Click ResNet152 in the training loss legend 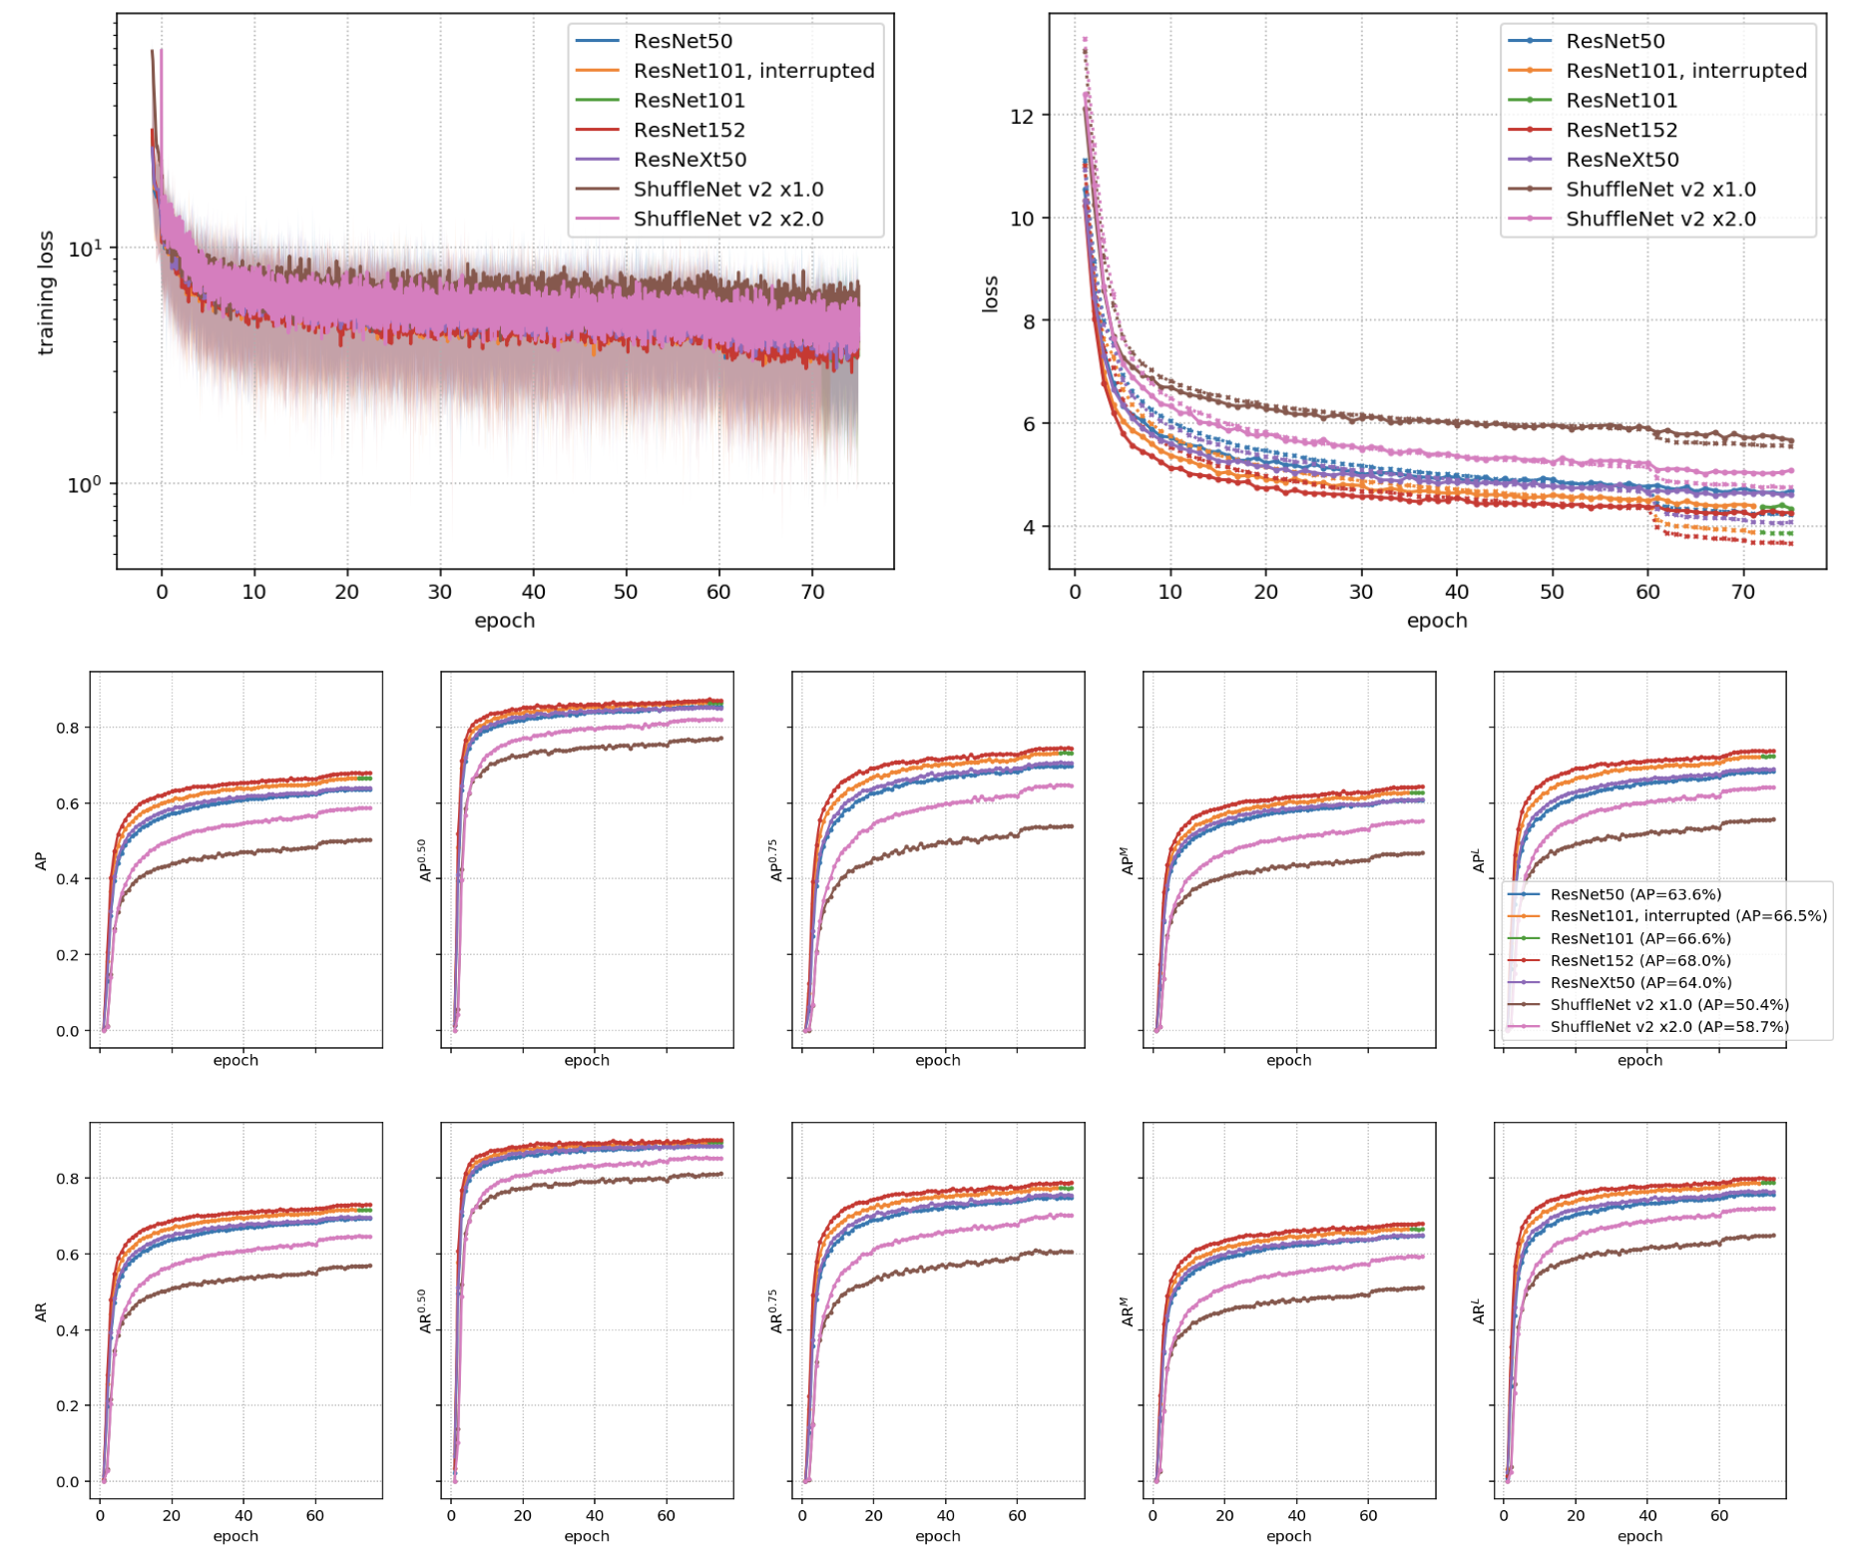pyautogui.click(x=689, y=130)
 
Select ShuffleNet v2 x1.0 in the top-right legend pyautogui.click(x=1659, y=190)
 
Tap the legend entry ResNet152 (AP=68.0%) pyautogui.click(x=1639, y=960)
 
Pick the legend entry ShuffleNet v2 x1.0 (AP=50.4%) pyautogui.click(x=1668, y=1004)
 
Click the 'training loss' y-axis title pyautogui.click(x=45, y=292)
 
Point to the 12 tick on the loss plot pyautogui.click(x=1022, y=116)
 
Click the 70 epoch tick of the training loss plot pyautogui.click(x=812, y=592)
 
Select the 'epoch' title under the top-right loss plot pyautogui.click(x=1436, y=621)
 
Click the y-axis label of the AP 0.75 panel pyautogui.click(x=776, y=860)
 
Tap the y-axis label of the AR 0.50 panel pyautogui.click(x=425, y=1310)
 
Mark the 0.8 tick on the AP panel pyautogui.click(x=67, y=728)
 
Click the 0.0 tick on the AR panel pyautogui.click(x=67, y=1481)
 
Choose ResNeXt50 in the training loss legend pyautogui.click(x=690, y=160)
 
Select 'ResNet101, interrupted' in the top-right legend pyautogui.click(x=1685, y=71)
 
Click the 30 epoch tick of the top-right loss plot pyautogui.click(x=1361, y=592)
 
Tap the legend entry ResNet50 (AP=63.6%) pyautogui.click(x=1635, y=894)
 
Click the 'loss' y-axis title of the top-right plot pyautogui.click(x=990, y=293)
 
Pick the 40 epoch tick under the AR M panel pyautogui.click(x=1296, y=1515)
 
